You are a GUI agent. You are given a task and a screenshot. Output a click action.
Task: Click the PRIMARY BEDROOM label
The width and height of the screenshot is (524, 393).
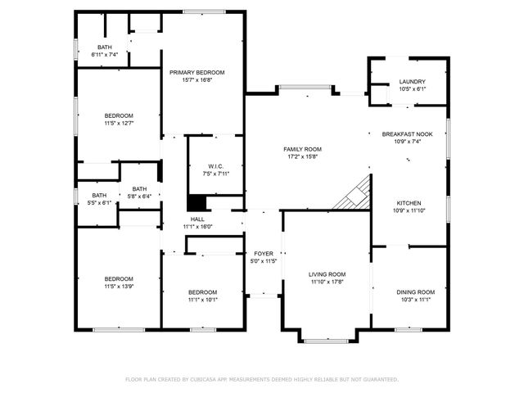[197, 73]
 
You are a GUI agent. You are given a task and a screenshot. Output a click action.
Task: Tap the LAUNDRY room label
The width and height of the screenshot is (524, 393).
[412, 82]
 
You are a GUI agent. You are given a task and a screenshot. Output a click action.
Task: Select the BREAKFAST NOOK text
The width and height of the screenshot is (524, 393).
[407, 133]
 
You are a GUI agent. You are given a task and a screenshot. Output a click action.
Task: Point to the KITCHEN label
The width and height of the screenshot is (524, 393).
[409, 202]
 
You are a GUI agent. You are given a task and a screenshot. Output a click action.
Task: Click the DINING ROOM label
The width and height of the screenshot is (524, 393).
[415, 292]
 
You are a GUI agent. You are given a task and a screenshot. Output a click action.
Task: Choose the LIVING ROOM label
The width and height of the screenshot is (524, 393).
[327, 274]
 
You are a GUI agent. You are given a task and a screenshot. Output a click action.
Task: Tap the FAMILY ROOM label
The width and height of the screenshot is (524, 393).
[302, 149]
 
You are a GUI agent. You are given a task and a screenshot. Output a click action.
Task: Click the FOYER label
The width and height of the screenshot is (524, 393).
[263, 254]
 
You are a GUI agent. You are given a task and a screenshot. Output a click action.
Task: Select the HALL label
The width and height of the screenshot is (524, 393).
[197, 219]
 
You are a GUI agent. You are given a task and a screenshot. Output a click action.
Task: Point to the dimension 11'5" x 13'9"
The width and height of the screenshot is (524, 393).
[119, 287]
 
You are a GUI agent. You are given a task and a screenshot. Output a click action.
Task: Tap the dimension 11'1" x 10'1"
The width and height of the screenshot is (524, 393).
[202, 300]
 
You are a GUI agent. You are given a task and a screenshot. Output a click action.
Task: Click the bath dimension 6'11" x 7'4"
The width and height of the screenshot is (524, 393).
[105, 55]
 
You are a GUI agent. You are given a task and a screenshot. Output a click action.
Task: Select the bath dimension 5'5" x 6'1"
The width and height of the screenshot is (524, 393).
[99, 202]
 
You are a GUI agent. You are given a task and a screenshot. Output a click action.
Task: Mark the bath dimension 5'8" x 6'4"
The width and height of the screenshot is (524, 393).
[140, 196]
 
